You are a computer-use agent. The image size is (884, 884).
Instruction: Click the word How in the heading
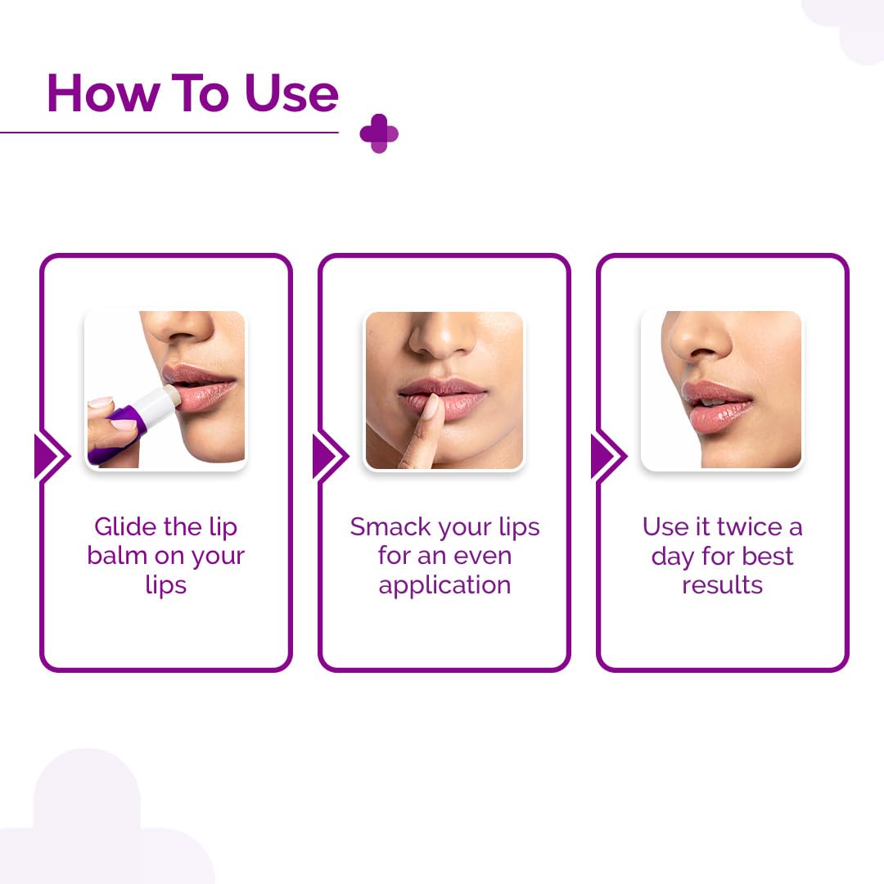[102, 93]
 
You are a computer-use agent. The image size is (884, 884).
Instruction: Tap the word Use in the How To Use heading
[291, 93]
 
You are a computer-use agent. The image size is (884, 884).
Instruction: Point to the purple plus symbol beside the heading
[379, 133]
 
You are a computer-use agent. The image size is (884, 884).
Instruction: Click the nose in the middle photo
[443, 336]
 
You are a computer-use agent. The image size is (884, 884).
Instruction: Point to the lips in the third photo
[716, 407]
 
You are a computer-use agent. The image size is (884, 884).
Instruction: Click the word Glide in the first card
[125, 526]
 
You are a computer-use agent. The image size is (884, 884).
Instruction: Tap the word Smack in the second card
[390, 526]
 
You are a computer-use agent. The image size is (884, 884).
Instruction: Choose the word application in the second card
[444, 586]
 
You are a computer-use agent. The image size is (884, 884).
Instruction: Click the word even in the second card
[483, 556]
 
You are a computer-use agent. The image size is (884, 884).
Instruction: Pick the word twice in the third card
[749, 526]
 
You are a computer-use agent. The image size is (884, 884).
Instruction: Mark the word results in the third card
[722, 585]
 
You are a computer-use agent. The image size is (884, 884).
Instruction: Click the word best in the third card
[768, 556]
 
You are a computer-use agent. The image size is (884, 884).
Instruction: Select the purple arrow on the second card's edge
[330, 456]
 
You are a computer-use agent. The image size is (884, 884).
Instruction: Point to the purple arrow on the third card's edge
[608, 456]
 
